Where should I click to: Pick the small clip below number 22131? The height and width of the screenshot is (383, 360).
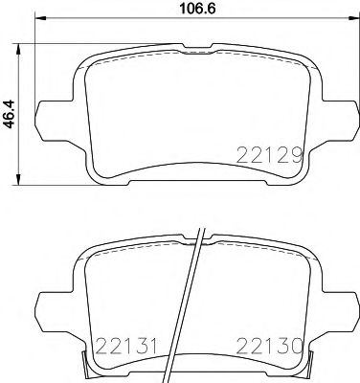coord(90,363)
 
